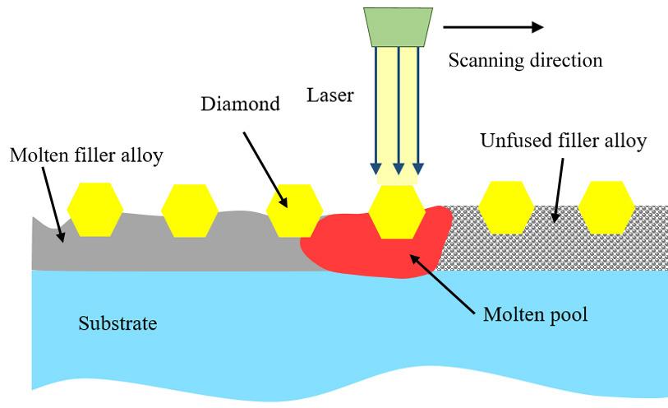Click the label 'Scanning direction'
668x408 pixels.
[x=525, y=61]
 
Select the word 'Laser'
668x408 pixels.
[x=330, y=95]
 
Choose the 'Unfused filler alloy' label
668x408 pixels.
[x=563, y=141]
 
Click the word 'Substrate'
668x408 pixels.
[x=117, y=322]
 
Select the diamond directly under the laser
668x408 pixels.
[x=396, y=211]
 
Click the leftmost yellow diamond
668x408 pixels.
[x=94, y=211]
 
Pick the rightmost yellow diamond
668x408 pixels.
[x=606, y=207]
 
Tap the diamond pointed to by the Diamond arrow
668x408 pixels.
[x=293, y=211]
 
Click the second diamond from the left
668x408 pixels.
[x=189, y=211]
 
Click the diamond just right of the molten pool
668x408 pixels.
[x=505, y=207]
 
